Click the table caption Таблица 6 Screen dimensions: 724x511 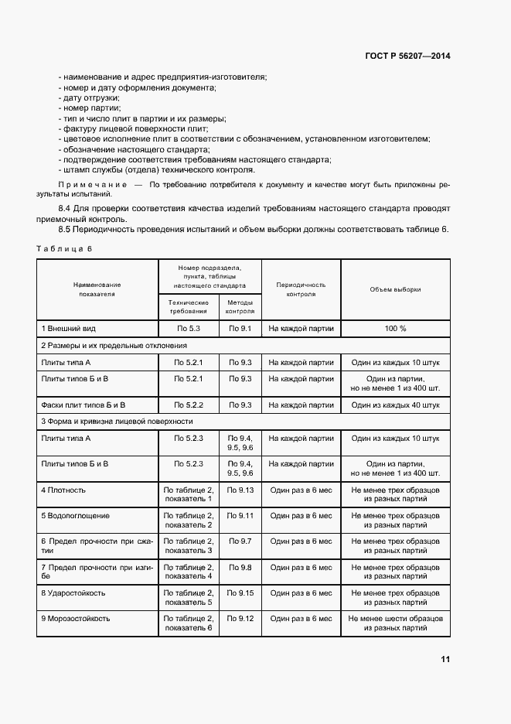[64, 248]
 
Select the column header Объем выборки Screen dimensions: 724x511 [395, 289]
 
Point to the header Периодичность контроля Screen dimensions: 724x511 [301, 289]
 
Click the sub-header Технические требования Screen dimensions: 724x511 [189, 306]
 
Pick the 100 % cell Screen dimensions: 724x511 [395, 329]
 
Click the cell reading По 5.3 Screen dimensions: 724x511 [189, 329]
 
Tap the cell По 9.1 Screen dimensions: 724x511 [240, 329]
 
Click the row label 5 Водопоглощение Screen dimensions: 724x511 [75, 515]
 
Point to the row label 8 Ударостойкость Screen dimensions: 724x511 [73, 593]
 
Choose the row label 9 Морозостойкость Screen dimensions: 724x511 [76, 619]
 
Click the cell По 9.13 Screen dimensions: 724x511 [240, 490]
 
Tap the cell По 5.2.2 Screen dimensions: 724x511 [189, 405]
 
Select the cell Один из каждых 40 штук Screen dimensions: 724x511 [395, 405]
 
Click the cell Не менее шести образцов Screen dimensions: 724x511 [395, 619]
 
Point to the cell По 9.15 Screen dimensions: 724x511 [240, 593]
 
